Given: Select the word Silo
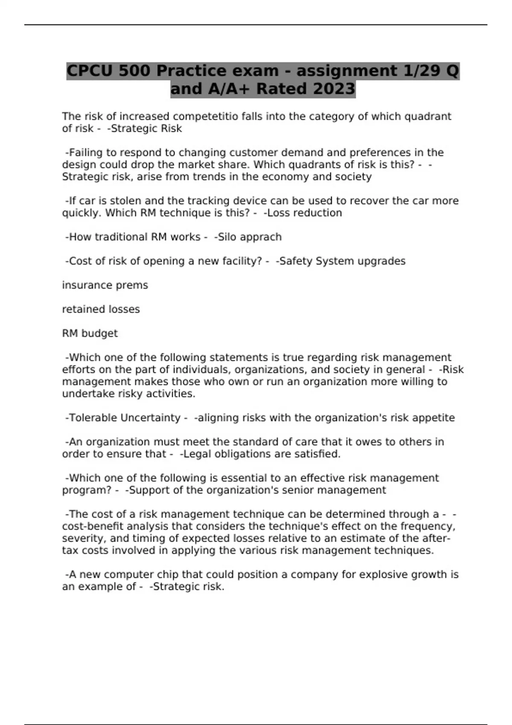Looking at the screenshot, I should pyautogui.click(x=227, y=237).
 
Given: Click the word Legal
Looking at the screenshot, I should pyautogui.click(x=197, y=454).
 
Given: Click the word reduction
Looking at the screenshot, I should pyautogui.click(x=318, y=213).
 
